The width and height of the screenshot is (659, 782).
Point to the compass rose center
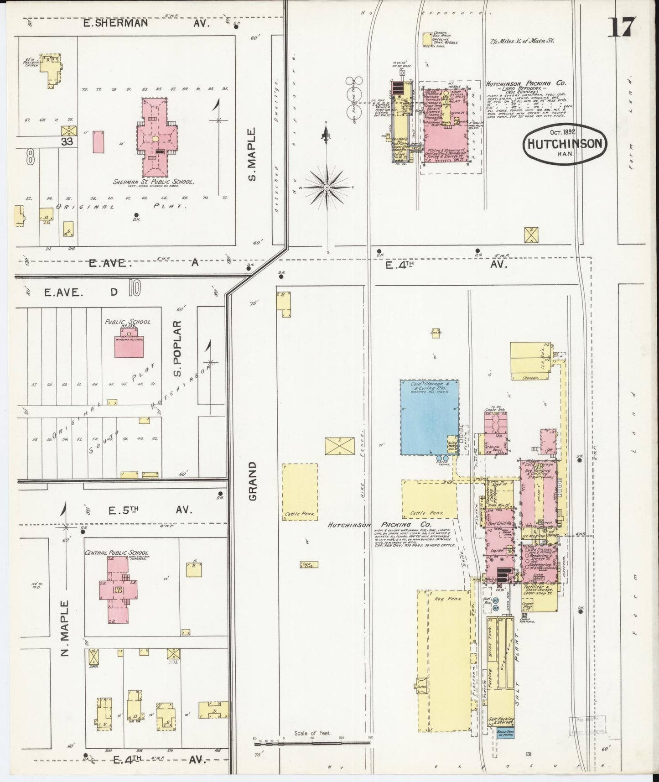click(327, 188)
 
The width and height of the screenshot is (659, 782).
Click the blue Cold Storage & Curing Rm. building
click(429, 417)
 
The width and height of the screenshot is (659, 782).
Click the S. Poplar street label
click(178, 349)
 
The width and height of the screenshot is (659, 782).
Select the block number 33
click(67, 141)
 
